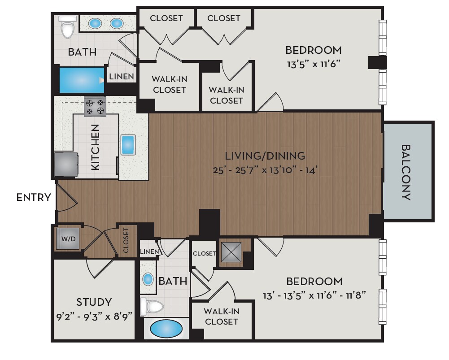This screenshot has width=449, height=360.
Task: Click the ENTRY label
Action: (x=34, y=197)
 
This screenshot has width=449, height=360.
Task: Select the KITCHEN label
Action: (x=96, y=147)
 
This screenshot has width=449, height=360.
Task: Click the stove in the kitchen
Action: (x=95, y=106)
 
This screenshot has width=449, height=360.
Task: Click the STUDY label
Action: (x=94, y=302)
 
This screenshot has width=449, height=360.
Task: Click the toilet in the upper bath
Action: (x=68, y=28)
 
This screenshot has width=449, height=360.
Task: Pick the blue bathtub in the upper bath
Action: (x=81, y=80)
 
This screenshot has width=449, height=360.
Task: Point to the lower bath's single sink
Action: (x=148, y=279)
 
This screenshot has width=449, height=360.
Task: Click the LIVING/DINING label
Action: (x=265, y=156)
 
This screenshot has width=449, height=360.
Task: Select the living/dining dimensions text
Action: (x=265, y=170)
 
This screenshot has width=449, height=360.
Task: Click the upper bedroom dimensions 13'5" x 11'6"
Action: (x=314, y=64)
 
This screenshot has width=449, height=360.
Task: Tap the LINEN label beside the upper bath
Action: (x=122, y=77)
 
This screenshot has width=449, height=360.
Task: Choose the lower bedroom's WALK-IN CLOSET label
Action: (x=221, y=316)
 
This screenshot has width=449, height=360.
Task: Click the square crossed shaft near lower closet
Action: (x=231, y=252)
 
